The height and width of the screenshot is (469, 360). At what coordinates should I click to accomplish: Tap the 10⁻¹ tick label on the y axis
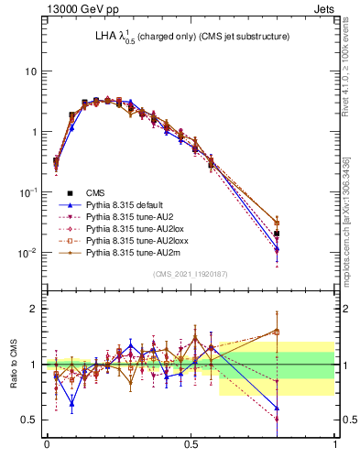click(x=28, y=191)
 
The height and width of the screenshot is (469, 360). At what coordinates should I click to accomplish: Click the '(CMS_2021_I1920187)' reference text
click(x=191, y=274)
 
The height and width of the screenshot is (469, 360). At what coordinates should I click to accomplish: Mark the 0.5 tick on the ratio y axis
click(x=30, y=420)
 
